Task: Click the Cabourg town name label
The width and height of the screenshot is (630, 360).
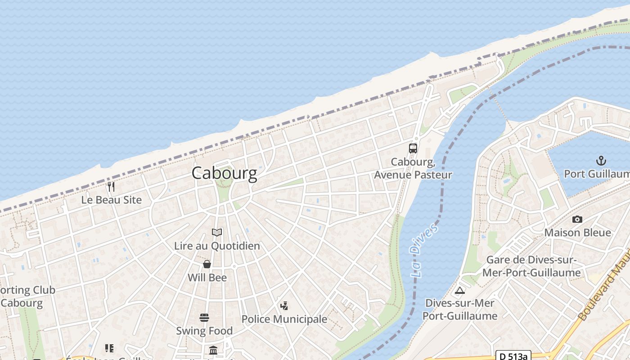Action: [224, 173]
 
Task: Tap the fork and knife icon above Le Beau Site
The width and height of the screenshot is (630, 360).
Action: [111, 186]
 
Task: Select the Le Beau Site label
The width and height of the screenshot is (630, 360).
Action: [111, 200]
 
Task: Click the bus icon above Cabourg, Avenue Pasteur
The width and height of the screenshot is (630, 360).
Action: [413, 148]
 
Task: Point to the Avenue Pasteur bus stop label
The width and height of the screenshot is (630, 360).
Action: [413, 168]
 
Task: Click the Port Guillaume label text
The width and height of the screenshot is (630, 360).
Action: [597, 174]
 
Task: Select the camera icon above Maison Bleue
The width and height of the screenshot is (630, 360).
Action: [577, 220]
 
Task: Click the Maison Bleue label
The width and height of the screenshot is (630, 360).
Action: [578, 233]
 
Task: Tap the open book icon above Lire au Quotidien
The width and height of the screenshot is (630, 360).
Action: [217, 233]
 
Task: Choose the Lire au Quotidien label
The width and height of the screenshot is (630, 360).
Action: [217, 246]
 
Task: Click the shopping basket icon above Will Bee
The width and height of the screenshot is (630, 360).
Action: [207, 264]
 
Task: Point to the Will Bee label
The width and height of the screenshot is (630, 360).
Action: [207, 278]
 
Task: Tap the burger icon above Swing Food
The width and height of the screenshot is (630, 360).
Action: [204, 318]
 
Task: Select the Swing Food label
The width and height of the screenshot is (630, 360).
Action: [204, 331]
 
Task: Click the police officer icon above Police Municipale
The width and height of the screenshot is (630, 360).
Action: [284, 306]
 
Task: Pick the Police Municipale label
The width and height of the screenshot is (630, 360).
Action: [284, 319]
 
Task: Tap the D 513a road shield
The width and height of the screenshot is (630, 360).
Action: [513, 355]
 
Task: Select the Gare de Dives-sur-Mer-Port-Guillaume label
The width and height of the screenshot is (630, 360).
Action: [531, 266]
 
